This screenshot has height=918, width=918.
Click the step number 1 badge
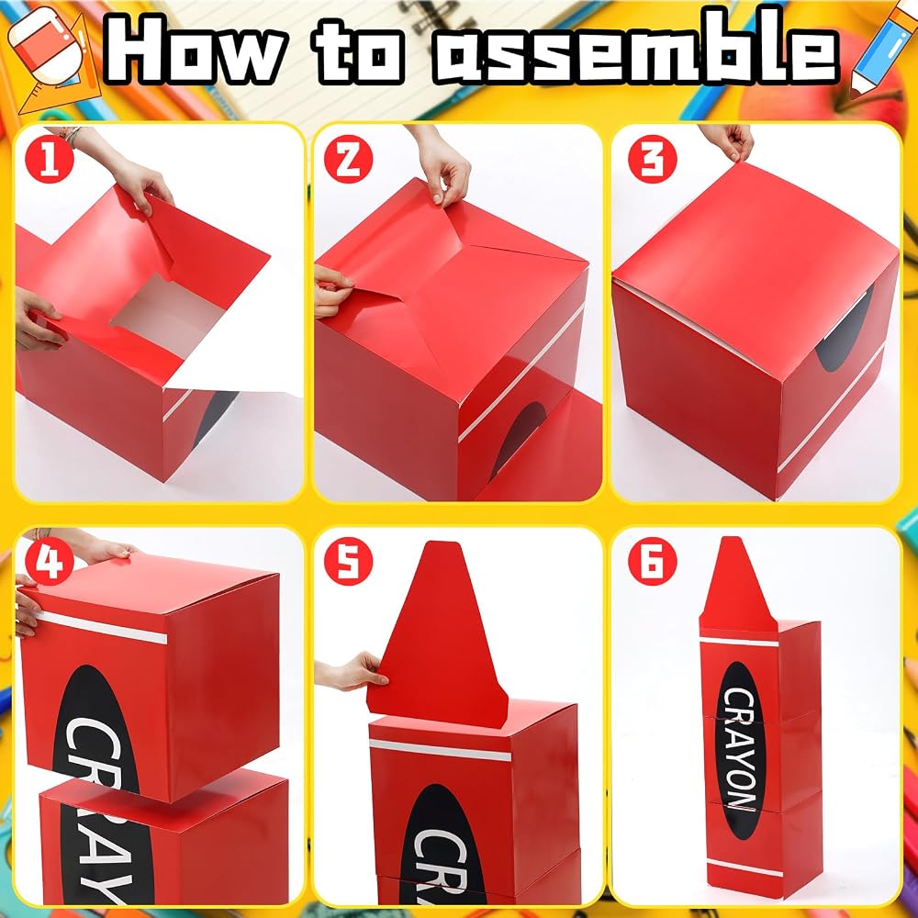(x=50, y=158)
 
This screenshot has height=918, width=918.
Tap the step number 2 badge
(x=348, y=158)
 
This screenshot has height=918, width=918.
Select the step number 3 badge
(x=652, y=158)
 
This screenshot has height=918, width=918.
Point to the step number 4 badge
(x=50, y=561)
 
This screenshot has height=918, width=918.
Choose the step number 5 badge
(x=348, y=561)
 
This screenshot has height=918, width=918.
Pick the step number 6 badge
(x=652, y=561)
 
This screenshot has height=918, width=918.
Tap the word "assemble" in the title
(x=636, y=50)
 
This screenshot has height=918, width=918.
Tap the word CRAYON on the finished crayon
(x=742, y=749)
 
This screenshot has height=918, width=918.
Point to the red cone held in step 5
(x=438, y=635)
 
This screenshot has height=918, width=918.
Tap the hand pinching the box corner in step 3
(x=727, y=140)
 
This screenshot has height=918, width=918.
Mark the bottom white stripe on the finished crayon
(x=744, y=868)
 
